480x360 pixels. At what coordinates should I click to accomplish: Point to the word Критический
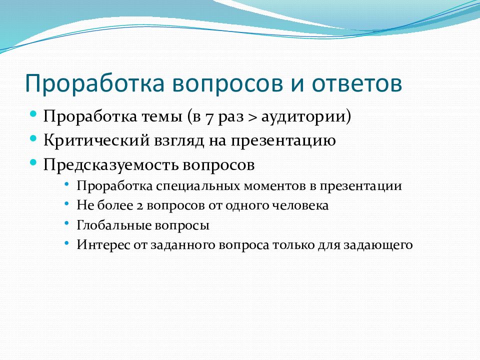pos(96,140)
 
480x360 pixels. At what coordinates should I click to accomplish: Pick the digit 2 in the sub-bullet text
pos(139,205)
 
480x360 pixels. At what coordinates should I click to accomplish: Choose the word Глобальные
pos(114,225)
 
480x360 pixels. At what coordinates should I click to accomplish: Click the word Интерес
pos(103,245)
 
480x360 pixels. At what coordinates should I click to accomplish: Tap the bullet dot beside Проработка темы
pos(33,114)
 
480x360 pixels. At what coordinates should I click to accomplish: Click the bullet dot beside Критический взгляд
pos(33,138)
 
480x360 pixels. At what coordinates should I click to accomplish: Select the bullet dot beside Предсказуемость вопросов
pos(33,162)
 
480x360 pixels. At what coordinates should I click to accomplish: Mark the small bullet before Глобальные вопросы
pos(67,223)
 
